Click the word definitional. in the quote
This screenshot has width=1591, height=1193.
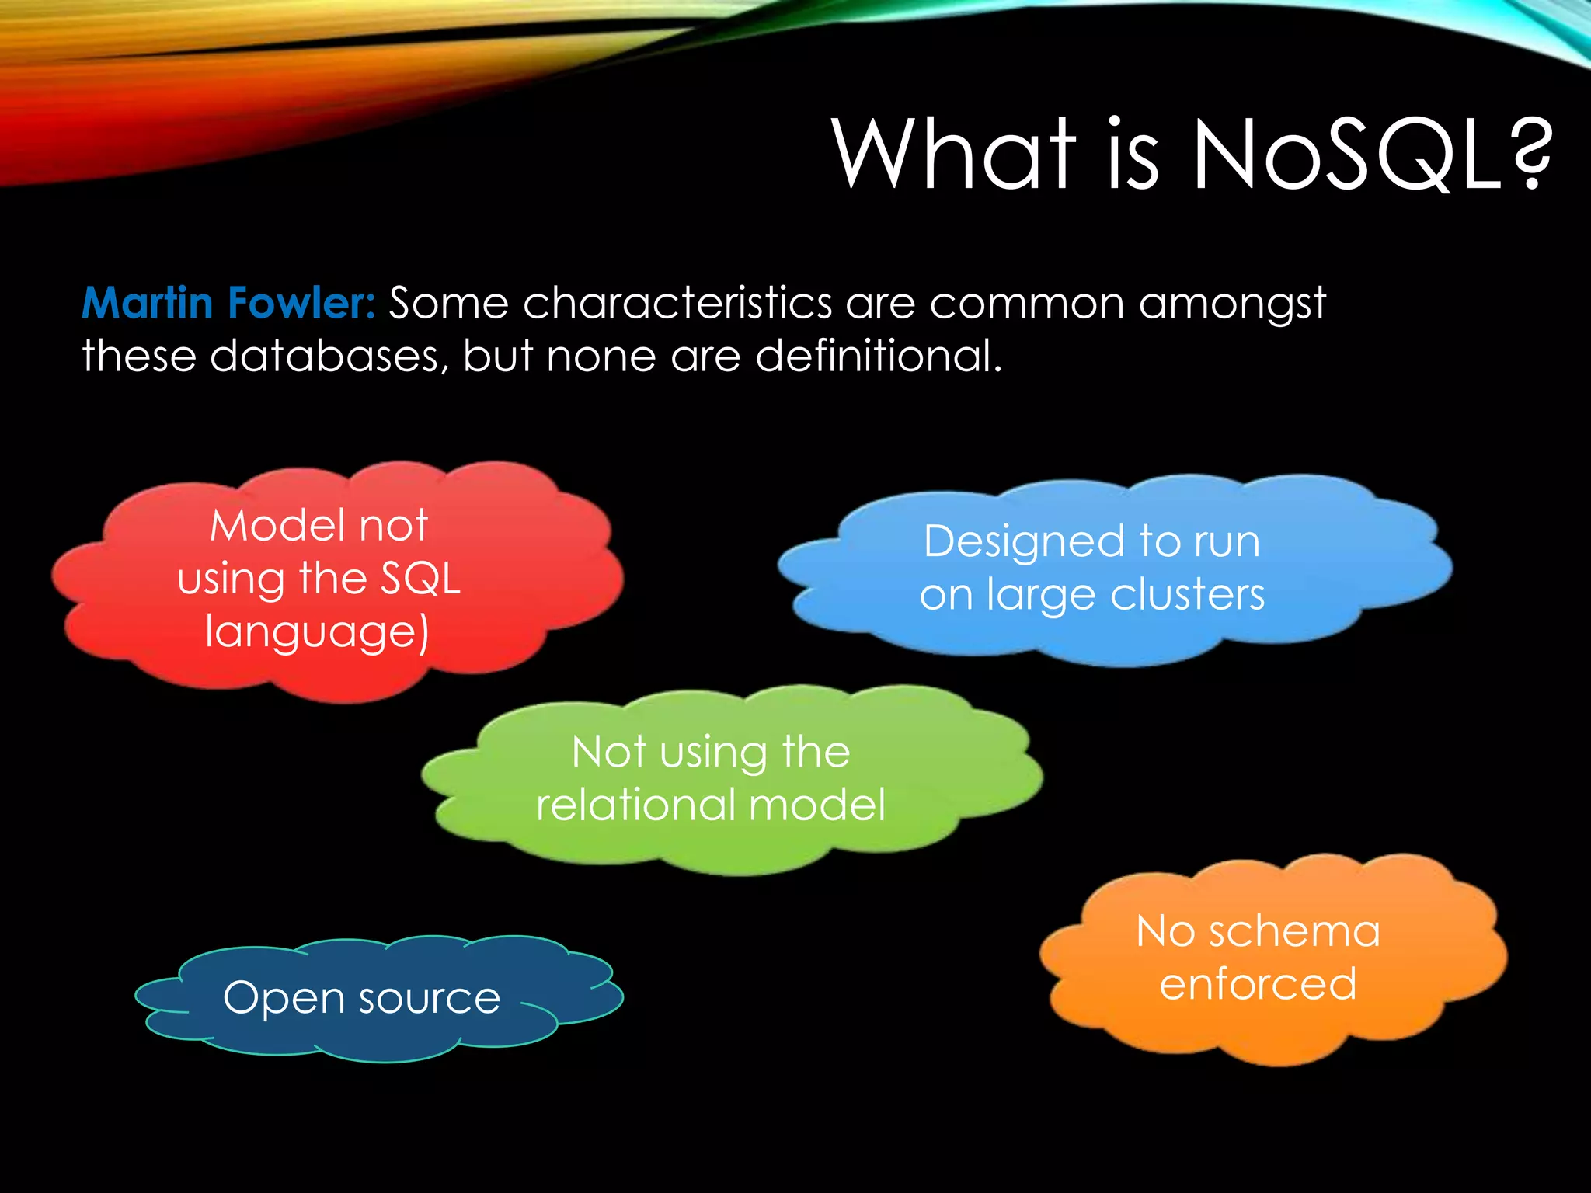[879, 356]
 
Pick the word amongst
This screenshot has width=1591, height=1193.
[1232, 304]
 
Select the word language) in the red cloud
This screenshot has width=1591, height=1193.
[317, 632]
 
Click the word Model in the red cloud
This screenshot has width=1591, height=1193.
[277, 526]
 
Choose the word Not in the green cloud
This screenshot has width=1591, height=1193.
[609, 752]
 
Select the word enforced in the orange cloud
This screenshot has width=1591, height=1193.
[1258, 984]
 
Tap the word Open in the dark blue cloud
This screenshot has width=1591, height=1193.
[279, 999]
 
